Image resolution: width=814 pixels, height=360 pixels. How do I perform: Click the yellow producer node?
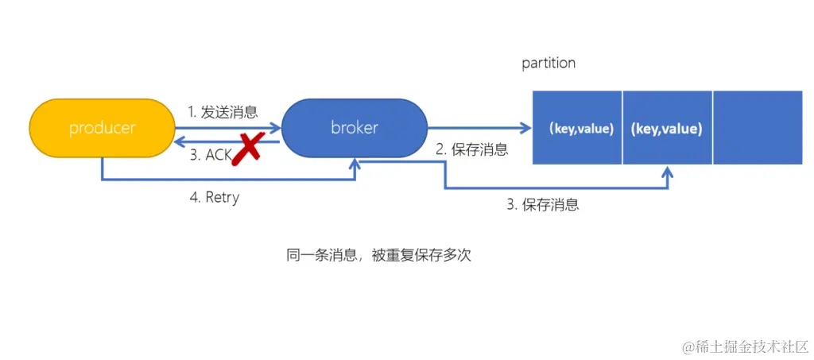point(102,128)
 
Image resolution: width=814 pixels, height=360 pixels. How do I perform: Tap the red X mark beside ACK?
point(247,148)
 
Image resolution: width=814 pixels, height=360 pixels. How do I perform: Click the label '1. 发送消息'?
point(223,112)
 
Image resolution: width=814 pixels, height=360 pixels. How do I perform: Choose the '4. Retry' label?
point(214,198)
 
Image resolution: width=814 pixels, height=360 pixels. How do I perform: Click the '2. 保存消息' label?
point(471,149)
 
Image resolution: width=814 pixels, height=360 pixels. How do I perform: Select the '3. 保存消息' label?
point(543,204)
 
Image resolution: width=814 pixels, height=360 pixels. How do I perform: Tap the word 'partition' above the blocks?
point(548,63)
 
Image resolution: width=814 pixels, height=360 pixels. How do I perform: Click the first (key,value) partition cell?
point(577,128)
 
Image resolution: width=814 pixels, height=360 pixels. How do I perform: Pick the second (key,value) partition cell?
point(668,128)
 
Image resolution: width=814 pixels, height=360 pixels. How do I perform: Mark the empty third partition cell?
point(758,128)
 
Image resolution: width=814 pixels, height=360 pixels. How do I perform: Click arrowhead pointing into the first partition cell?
point(526,128)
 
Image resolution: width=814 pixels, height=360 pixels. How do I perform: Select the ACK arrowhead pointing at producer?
point(180,141)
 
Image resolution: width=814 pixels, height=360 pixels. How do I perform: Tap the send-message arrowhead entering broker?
point(276,127)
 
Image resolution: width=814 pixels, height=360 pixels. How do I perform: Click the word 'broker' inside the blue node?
point(355,128)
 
